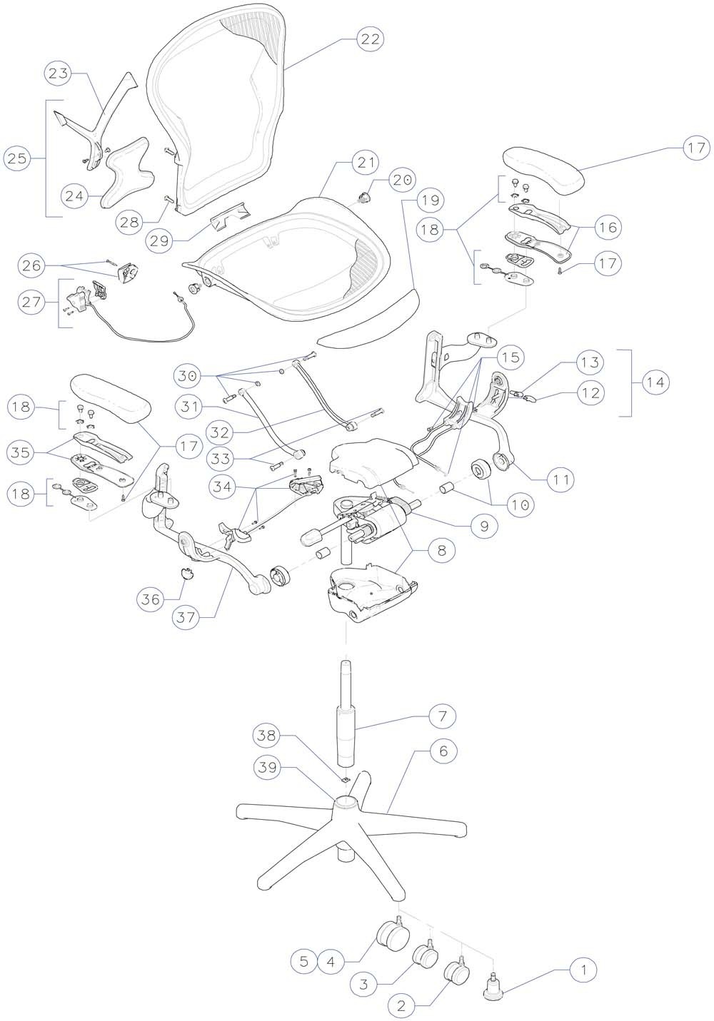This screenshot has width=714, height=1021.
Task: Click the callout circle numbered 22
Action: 369,39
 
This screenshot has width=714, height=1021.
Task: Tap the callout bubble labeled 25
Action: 18,158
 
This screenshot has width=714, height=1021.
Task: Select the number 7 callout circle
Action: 442,715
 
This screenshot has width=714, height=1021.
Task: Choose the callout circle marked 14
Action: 655,382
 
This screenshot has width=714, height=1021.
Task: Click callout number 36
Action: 151,600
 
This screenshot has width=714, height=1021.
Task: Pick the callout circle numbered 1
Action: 584,970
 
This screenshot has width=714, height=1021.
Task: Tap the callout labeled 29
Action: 160,241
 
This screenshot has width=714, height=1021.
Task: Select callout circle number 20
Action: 402,181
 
